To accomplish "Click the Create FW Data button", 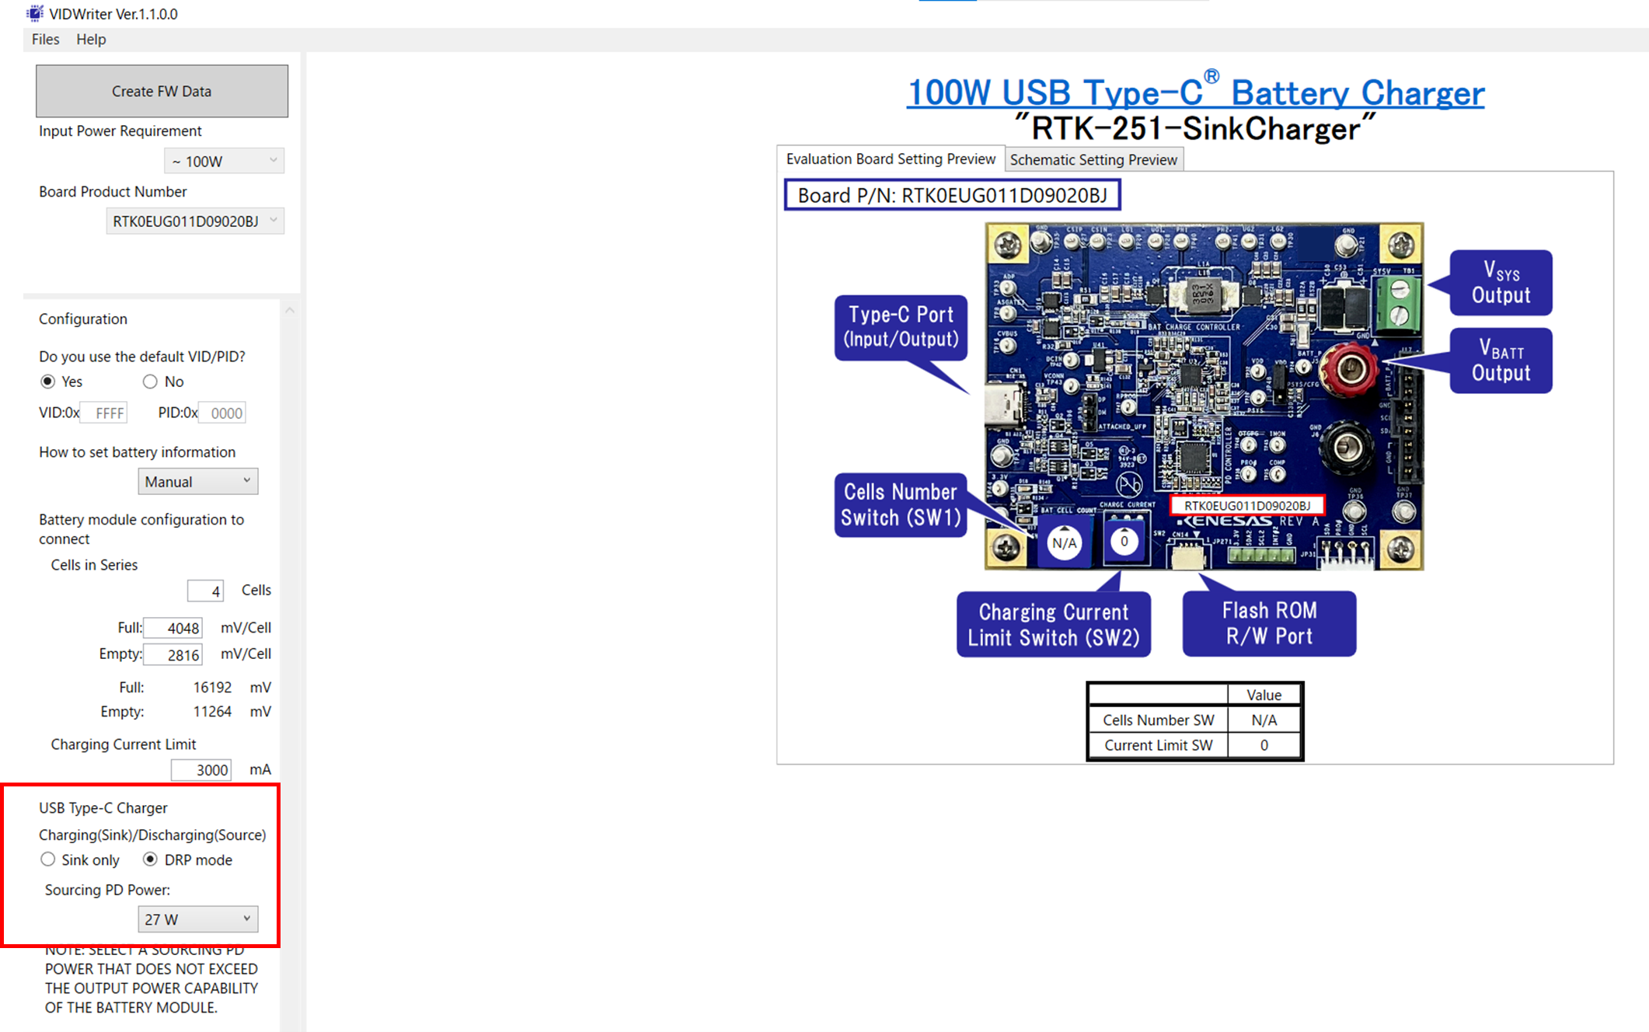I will [x=162, y=91].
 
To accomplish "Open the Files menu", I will [x=45, y=39].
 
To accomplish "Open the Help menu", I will [x=91, y=39].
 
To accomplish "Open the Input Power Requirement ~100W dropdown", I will [x=224, y=161].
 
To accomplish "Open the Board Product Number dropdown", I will [x=195, y=221].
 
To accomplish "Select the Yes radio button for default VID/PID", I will [x=48, y=382].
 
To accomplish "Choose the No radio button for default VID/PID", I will [x=150, y=382].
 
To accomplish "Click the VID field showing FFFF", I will [x=104, y=413].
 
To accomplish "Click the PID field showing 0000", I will [x=222, y=413].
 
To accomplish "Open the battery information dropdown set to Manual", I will [x=197, y=482].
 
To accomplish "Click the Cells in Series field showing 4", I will [x=205, y=591].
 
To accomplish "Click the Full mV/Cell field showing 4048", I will [x=173, y=628].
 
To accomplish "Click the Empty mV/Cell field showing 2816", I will [x=173, y=654].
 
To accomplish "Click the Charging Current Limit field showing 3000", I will [x=201, y=769].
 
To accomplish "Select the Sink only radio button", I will [x=48, y=859].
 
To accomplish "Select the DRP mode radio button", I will [x=150, y=859].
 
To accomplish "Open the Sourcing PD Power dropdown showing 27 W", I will [x=197, y=919].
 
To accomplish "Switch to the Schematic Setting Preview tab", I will [x=1093, y=159].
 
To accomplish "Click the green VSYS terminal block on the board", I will [x=1399, y=302].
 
